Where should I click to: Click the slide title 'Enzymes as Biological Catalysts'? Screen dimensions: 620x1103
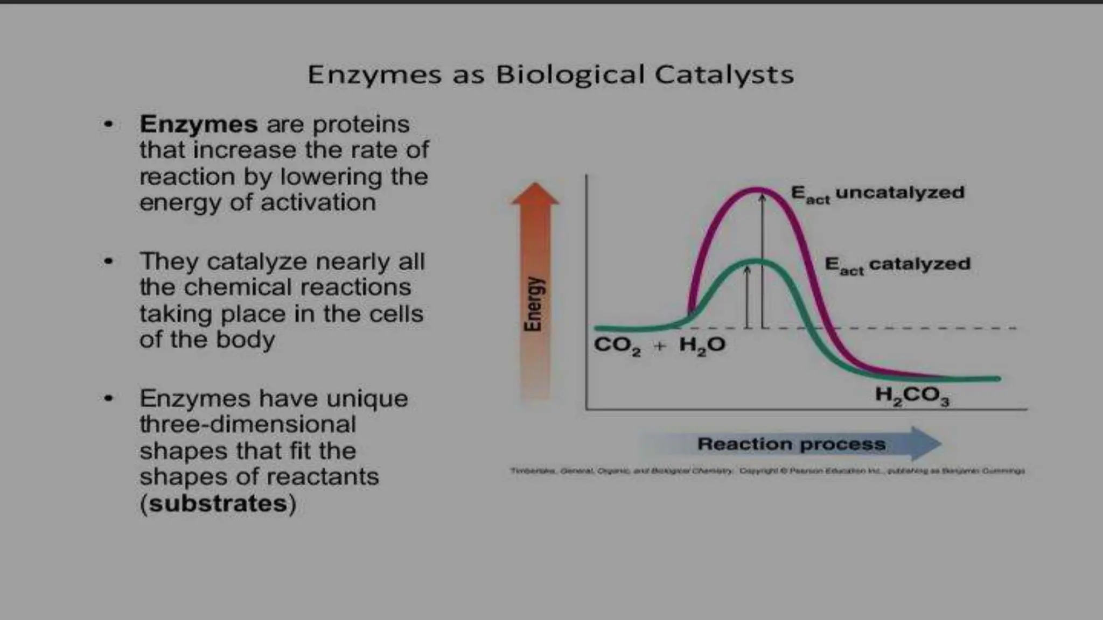[x=550, y=74]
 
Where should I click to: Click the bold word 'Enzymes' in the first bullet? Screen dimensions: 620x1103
[x=198, y=124]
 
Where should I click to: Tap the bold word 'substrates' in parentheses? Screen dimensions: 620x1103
[x=218, y=503]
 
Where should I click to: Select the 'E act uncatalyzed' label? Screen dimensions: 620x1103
[x=877, y=194]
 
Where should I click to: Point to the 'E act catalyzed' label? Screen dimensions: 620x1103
[x=897, y=265]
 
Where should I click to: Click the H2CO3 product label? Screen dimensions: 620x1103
[x=912, y=396]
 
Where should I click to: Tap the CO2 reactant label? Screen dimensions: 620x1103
[x=617, y=346]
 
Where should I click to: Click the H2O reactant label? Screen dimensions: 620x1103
[x=702, y=346]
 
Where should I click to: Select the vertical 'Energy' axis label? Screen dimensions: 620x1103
[x=533, y=304]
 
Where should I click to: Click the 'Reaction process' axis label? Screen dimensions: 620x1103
[x=791, y=444]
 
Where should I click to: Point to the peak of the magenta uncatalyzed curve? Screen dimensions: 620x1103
[x=757, y=189]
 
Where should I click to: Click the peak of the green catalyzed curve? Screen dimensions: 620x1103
[x=756, y=262]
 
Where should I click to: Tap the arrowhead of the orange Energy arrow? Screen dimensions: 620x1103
[x=535, y=194]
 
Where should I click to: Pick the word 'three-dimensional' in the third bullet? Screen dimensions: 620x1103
[x=248, y=425]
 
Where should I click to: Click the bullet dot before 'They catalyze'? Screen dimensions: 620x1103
[x=109, y=262]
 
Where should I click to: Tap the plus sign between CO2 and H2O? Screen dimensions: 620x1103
[x=659, y=346]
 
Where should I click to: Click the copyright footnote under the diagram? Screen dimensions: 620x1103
[x=767, y=471]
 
